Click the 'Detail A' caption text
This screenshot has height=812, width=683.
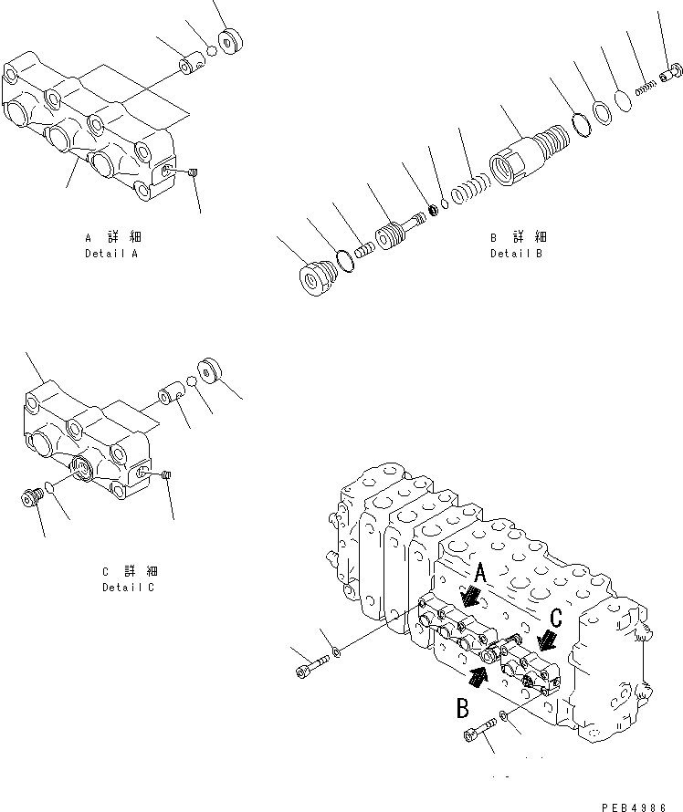110,253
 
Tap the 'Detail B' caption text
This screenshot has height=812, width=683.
516,254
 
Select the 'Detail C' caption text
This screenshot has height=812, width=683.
129,588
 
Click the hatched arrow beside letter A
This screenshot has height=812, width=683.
472,597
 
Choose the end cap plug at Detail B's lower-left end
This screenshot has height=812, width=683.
317,276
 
